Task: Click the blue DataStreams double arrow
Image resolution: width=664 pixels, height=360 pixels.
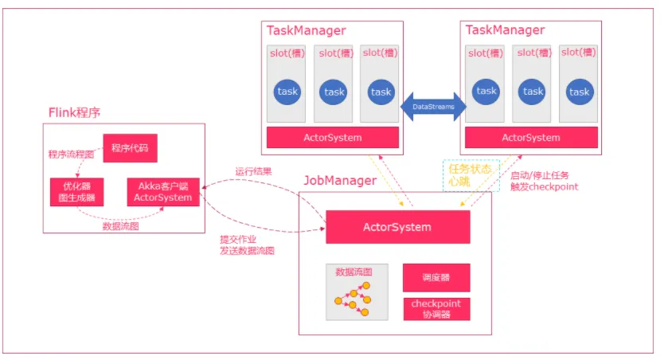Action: click(434, 107)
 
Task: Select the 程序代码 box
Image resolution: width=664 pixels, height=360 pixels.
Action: click(130, 148)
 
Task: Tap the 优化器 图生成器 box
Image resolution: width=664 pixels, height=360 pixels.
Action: click(76, 192)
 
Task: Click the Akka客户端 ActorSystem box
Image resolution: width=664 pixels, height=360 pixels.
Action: click(163, 192)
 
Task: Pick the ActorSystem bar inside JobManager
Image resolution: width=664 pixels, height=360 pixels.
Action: click(397, 227)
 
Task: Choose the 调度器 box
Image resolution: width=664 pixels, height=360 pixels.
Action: click(436, 278)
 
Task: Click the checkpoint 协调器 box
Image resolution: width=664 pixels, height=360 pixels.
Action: click(436, 309)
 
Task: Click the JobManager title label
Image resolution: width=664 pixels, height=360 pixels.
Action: click(340, 181)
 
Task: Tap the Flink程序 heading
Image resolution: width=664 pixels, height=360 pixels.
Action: click(74, 112)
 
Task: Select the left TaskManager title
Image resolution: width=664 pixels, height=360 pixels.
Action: click(307, 30)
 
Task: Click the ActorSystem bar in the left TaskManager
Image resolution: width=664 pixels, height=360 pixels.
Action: click(333, 138)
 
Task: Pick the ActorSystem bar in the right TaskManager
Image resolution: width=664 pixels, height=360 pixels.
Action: click(531, 138)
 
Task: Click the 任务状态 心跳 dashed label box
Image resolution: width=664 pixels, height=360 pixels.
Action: click(471, 175)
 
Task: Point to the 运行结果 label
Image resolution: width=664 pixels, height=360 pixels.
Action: click(253, 171)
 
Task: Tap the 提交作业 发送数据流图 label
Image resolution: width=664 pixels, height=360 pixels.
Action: click(247, 245)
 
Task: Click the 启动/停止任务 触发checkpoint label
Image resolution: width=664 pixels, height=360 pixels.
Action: click(544, 182)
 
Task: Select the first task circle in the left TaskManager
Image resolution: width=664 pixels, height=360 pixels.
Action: click(287, 92)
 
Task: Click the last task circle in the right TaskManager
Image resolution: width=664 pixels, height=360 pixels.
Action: click(580, 92)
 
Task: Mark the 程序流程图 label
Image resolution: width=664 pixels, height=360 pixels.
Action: click(71, 155)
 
